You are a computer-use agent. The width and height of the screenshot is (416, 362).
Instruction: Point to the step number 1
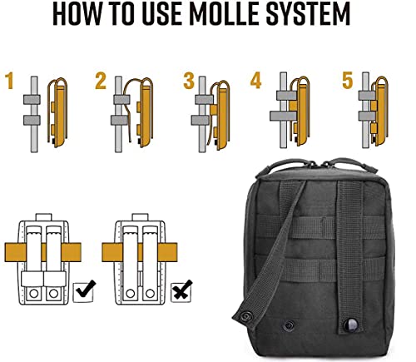[x=10, y=82]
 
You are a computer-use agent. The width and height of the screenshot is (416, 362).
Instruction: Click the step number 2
[x=101, y=82]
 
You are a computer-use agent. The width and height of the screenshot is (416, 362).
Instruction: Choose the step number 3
[x=187, y=82]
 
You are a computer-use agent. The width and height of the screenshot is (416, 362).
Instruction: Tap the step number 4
[x=255, y=82]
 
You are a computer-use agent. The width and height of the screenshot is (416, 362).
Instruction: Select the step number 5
[x=347, y=82]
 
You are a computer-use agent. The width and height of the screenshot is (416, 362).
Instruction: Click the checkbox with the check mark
[x=84, y=292]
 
